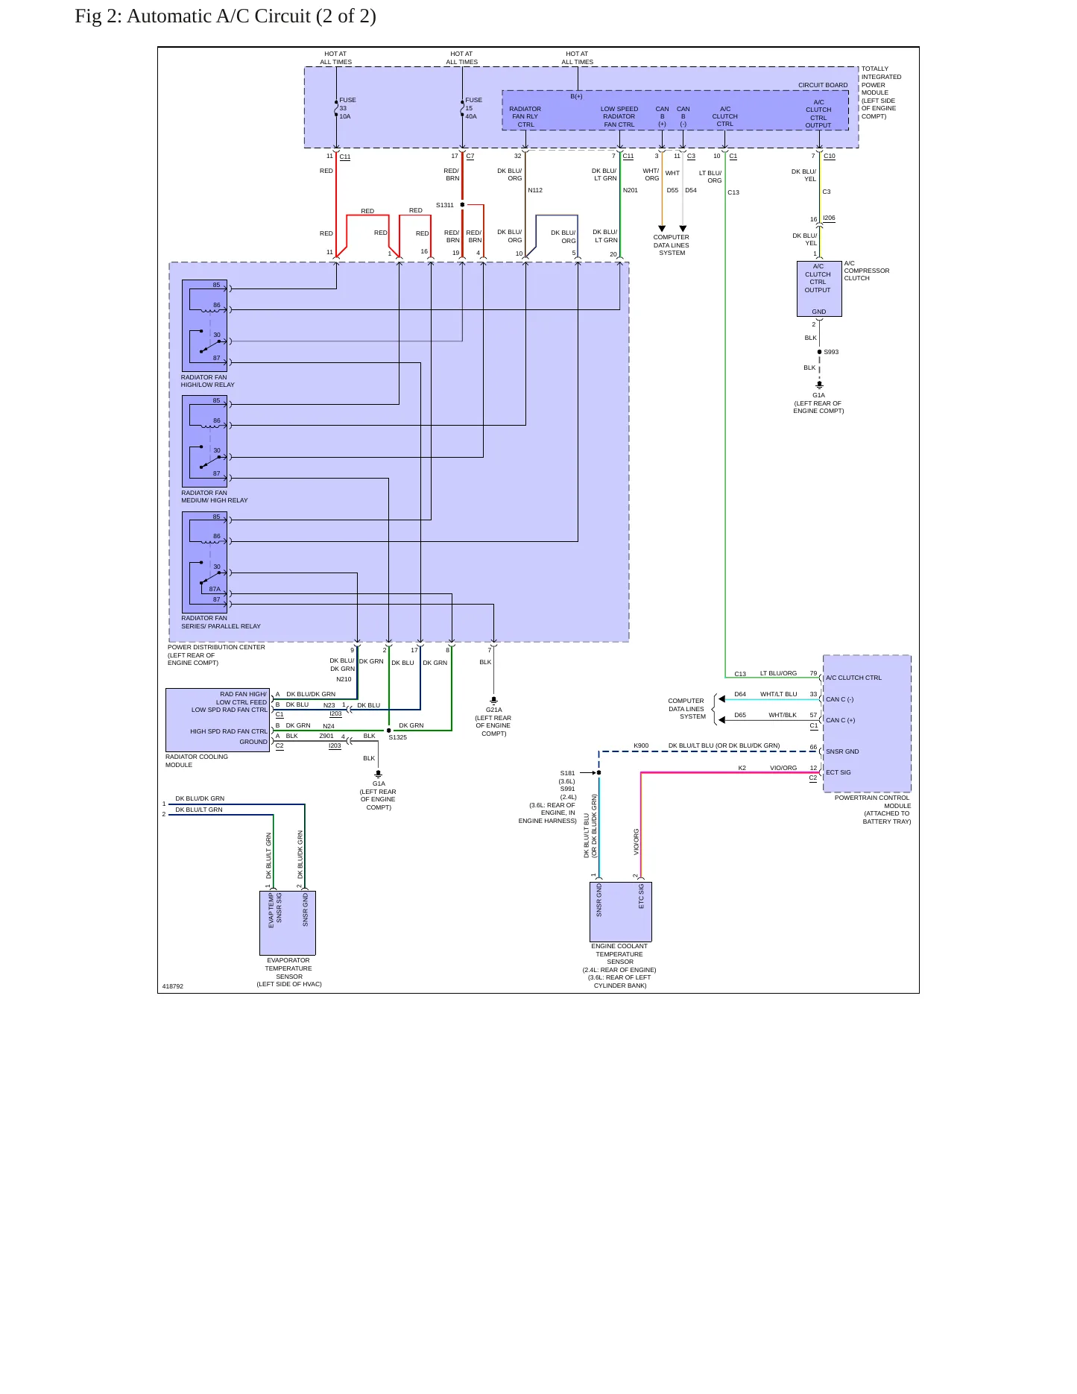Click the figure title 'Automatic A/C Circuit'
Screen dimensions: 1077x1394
[x=219, y=16]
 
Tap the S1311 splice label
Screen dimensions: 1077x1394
[x=445, y=205]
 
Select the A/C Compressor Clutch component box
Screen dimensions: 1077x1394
[x=819, y=289]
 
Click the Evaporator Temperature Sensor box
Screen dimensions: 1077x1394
[x=288, y=923]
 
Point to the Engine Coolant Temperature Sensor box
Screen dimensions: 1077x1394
[x=621, y=912]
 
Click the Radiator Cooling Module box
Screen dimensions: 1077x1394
[x=218, y=720]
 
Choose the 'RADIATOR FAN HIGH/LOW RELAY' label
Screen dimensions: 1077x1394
[x=208, y=381]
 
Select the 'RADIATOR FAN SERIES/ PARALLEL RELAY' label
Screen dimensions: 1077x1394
[x=221, y=622]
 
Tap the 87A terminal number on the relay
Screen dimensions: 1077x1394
[x=215, y=589]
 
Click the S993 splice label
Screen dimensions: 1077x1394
[x=831, y=352]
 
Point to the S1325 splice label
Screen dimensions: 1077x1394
[x=398, y=737]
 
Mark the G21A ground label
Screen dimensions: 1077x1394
[x=494, y=710]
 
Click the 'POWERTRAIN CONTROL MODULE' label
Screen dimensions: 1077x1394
[x=873, y=801]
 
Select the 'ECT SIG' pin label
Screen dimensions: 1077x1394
[x=838, y=772]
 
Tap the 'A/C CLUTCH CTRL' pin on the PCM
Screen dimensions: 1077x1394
[x=853, y=678]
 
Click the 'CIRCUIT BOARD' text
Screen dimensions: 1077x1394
[x=823, y=85]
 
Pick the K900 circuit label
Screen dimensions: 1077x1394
[x=641, y=745]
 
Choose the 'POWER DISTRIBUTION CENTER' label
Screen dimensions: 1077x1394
[x=216, y=647]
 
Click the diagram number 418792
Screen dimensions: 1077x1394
[x=173, y=986]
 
